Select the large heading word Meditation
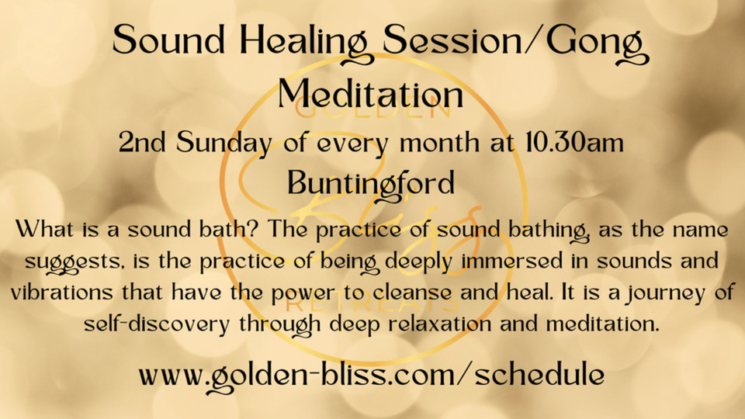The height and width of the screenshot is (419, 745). pyautogui.click(x=371, y=94)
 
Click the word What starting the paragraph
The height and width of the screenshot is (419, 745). pyautogui.click(x=46, y=230)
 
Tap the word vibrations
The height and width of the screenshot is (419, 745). pyautogui.click(x=62, y=293)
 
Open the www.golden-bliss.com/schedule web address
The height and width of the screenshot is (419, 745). pyautogui.click(x=372, y=376)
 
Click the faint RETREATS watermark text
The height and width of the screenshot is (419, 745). pyautogui.click(x=373, y=304)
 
